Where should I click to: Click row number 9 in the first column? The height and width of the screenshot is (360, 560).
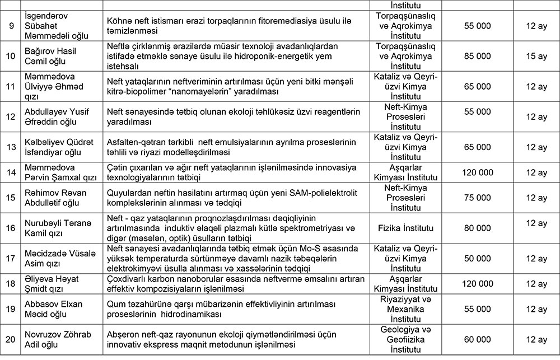pos(10,26)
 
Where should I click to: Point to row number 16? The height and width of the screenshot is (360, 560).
pos(10,228)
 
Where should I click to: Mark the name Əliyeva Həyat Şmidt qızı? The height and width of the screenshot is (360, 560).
pos(49,284)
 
